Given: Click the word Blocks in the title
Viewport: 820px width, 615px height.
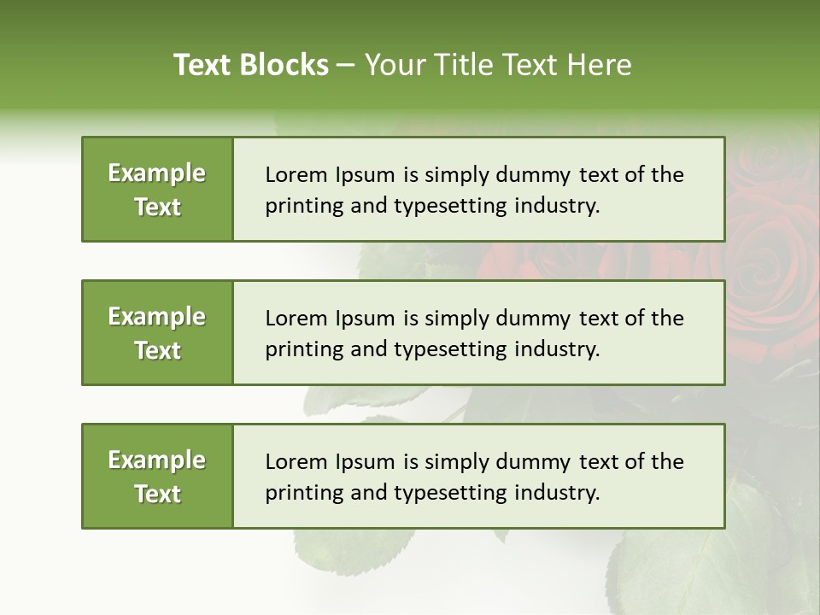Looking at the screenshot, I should tap(285, 65).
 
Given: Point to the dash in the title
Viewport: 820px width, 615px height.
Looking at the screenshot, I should tap(347, 66).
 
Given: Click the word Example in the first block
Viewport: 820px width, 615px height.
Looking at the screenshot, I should tap(157, 173).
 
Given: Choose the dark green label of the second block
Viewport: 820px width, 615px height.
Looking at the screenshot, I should tap(157, 332).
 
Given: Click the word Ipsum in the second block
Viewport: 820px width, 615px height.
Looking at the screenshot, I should tap(365, 319).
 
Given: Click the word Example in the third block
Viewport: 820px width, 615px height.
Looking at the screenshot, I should tap(157, 460).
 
